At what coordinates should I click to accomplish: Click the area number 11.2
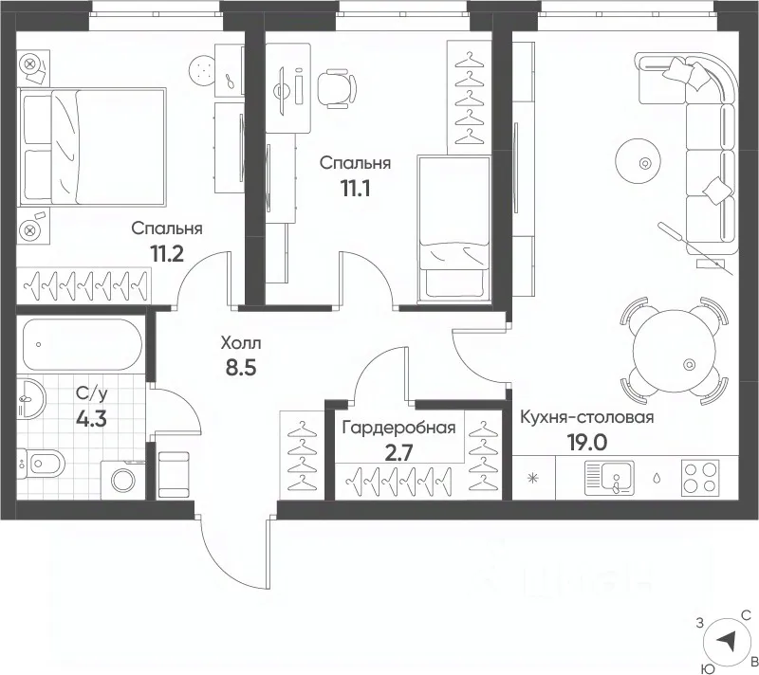[x=168, y=253]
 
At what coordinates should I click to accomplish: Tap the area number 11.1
[x=356, y=188]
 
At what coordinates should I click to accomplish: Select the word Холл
[x=241, y=343]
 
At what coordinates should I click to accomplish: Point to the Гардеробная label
[x=398, y=428]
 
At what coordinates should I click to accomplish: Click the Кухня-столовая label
[x=587, y=417]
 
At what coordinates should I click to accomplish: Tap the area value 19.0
[x=587, y=442]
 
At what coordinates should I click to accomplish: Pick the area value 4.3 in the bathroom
[x=91, y=419]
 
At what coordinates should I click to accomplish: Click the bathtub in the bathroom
[x=83, y=344]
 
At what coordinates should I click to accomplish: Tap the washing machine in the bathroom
[x=123, y=480]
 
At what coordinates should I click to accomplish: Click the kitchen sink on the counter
[x=609, y=478]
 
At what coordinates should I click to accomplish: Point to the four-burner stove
[x=700, y=478]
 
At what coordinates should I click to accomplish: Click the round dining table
[x=675, y=351]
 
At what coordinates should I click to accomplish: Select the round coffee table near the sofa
[x=638, y=161]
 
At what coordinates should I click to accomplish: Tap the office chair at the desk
[x=337, y=88]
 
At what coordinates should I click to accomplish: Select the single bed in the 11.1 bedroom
[x=454, y=229]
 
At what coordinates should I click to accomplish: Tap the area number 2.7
[x=399, y=453]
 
